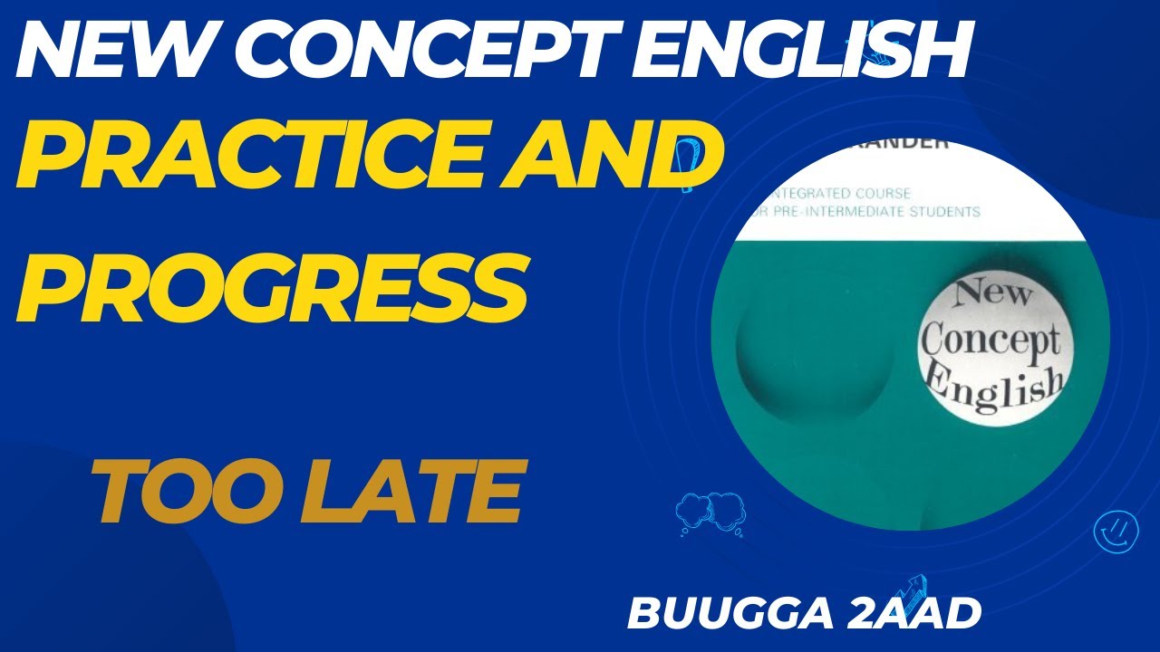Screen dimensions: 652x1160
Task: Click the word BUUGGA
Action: click(731, 612)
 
